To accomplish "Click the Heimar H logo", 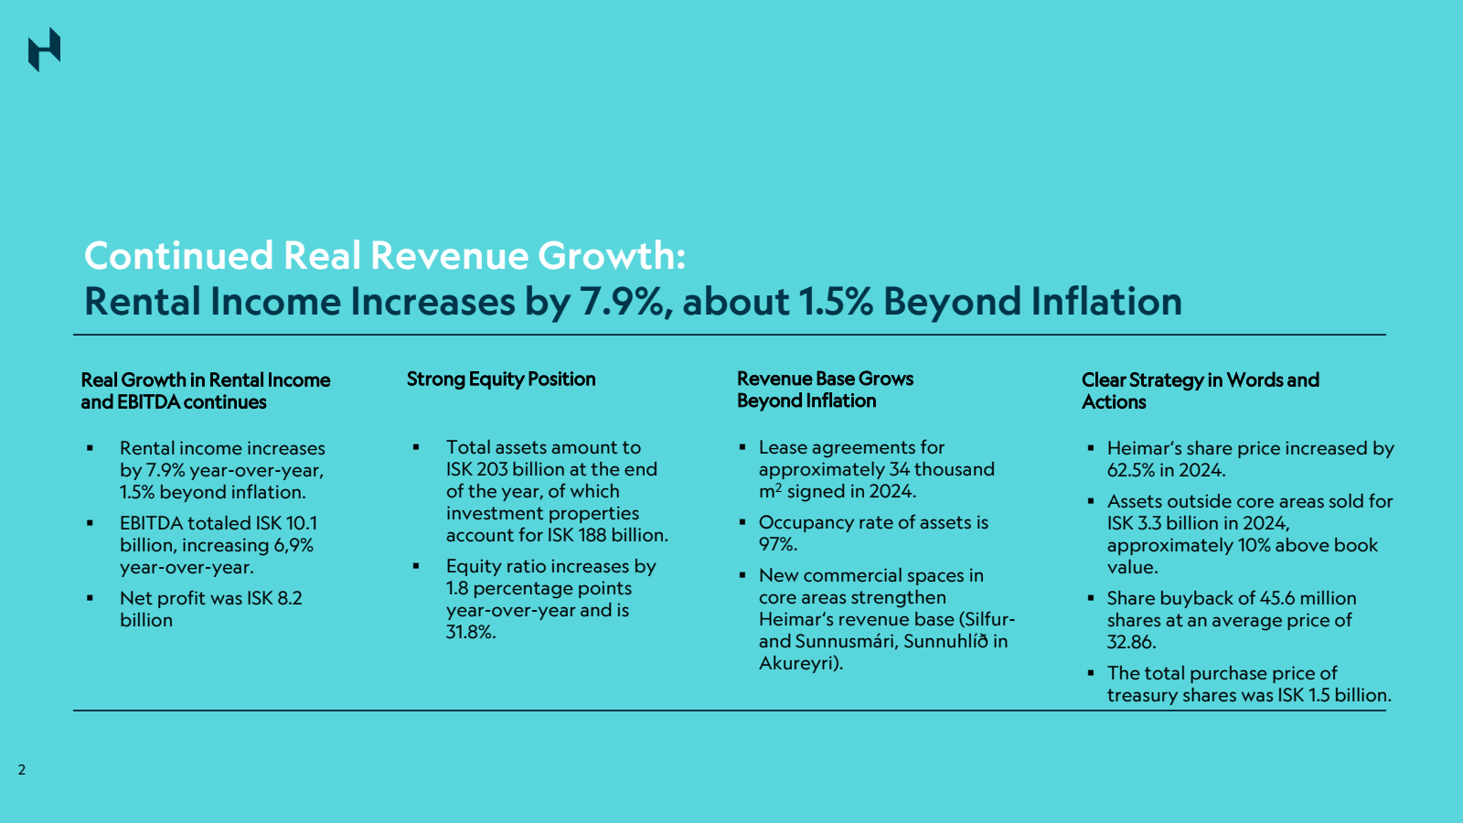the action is (45, 49).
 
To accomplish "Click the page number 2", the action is (22, 769).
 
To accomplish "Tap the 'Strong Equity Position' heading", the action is (501, 379).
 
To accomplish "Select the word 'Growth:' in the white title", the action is (612, 255).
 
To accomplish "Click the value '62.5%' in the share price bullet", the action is (1130, 470).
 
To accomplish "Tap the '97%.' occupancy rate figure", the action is (778, 544).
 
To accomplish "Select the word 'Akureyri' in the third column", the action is (797, 664).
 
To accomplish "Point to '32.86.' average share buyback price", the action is (1131, 642).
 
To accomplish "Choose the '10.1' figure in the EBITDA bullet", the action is (302, 523).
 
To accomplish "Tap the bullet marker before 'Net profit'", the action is (91, 598).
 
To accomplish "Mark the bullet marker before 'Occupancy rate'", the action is (742, 522).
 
